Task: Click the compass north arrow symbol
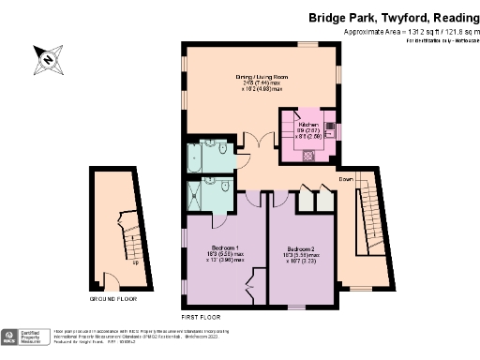pos(48,60)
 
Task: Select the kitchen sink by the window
pos(329,131)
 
